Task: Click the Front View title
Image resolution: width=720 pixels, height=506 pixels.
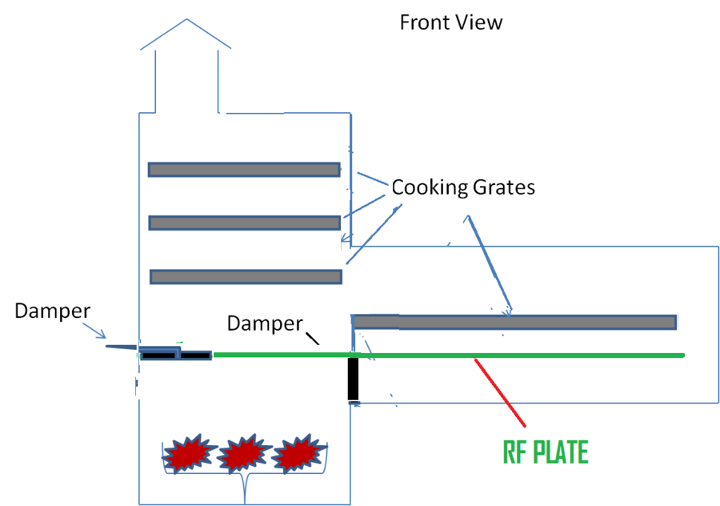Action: click(x=451, y=22)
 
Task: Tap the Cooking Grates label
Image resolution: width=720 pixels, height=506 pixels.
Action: click(x=462, y=188)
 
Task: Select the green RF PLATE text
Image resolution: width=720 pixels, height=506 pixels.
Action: click(x=546, y=453)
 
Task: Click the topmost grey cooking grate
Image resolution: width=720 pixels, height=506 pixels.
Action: click(x=243, y=170)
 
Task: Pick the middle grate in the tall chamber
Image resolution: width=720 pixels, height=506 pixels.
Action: click(x=244, y=223)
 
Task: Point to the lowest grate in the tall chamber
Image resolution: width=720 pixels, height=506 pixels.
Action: click(x=246, y=276)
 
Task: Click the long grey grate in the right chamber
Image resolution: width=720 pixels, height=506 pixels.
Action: click(x=514, y=322)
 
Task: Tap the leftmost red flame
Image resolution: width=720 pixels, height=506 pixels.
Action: click(x=186, y=454)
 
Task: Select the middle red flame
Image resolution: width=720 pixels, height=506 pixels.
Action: click(x=241, y=455)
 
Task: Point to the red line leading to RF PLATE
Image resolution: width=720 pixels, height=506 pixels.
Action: click(x=499, y=392)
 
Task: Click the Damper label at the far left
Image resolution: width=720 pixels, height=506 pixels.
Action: click(x=52, y=311)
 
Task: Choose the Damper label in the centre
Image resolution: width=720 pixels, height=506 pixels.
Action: click(x=265, y=323)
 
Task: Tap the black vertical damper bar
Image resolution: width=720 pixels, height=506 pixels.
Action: click(x=353, y=379)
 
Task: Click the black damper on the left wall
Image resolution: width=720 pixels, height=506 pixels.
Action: click(x=174, y=354)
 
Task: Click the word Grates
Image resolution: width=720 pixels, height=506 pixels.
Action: click(x=502, y=188)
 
